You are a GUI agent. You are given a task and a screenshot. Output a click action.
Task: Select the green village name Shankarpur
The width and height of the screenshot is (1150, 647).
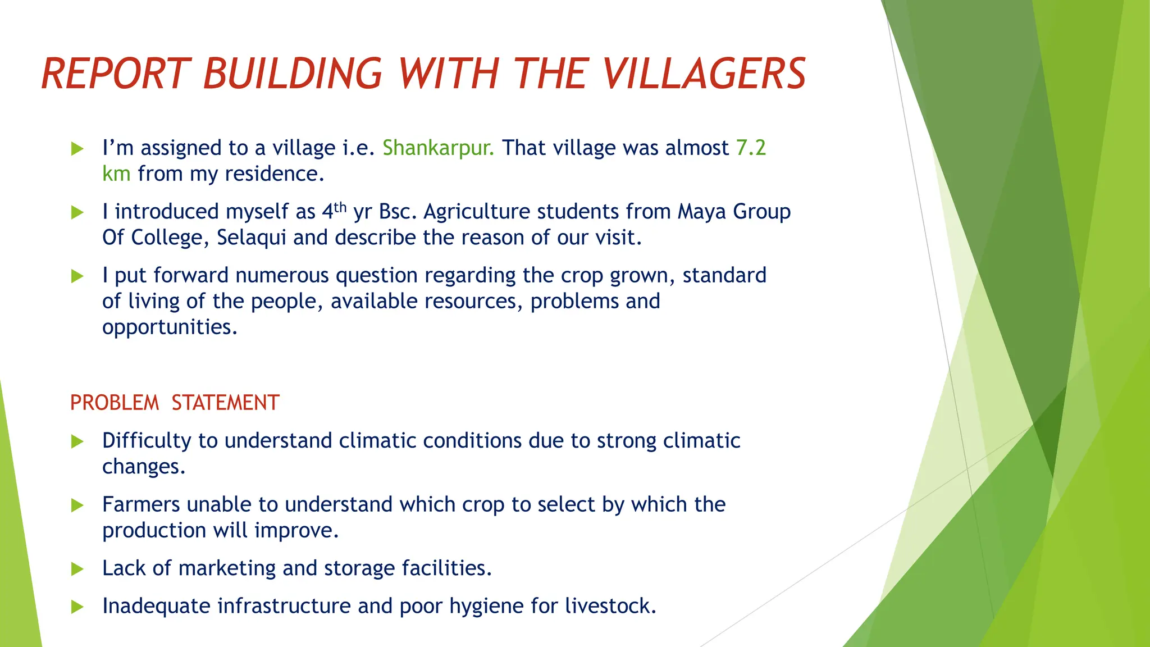pyautogui.click(x=438, y=148)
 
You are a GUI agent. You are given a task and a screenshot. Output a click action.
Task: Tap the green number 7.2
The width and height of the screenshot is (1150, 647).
pyautogui.click(x=751, y=148)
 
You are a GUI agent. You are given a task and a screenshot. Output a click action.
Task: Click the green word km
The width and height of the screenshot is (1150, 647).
pyautogui.click(x=116, y=174)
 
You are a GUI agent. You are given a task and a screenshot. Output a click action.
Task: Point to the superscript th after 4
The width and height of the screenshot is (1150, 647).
pyautogui.click(x=340, y=207)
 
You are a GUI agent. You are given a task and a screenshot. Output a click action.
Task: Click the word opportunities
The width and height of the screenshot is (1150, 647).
pyautogui.click(x=170, y=327)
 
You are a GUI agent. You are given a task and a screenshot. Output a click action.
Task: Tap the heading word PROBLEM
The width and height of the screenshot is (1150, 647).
pyautogui.click(x=115, y=403)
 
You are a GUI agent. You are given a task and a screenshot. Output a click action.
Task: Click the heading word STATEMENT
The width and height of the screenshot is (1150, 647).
pyautogui.click(x=225, y=403)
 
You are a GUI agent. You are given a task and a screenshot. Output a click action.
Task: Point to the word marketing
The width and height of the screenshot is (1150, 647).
pyautogui.click(x=227, y=568)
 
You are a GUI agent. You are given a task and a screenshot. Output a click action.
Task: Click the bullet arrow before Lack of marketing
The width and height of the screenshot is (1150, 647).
pyautogui.click(x=77, y=569)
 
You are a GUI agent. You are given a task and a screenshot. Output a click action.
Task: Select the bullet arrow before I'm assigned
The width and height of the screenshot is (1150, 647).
pyautogui.click(x=77, y=149)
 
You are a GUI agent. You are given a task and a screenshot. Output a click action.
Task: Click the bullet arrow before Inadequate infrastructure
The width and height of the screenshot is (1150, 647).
pyautogui.click(x=77, y=607)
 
